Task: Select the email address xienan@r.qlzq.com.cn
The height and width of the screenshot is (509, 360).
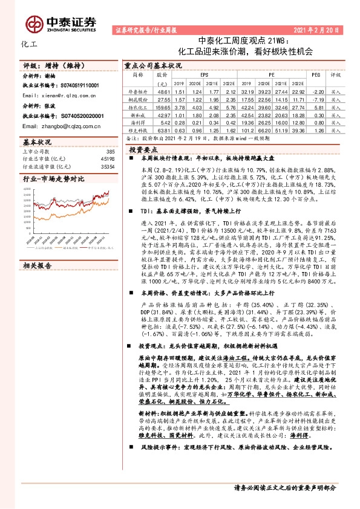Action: coord(61,96)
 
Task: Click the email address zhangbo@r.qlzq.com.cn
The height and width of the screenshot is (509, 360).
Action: coord(63,126)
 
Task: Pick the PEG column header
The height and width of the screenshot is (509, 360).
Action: coord(315,76)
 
